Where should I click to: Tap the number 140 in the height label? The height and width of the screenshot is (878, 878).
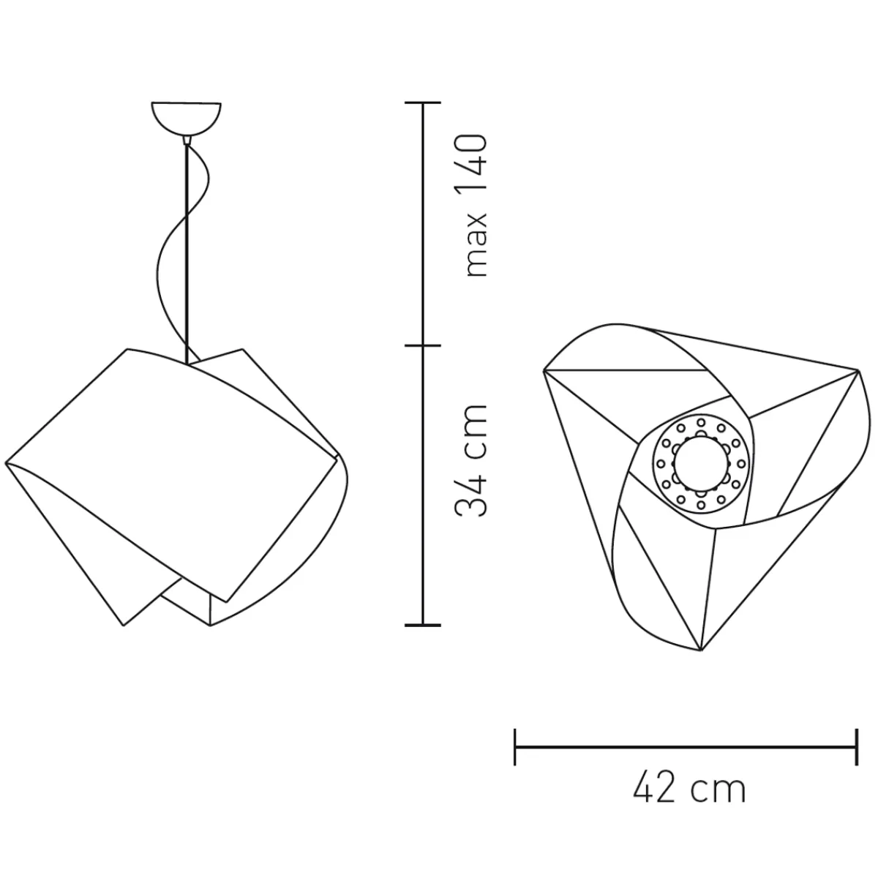coord(475,165)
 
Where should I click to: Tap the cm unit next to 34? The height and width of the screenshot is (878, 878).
coord(476,431)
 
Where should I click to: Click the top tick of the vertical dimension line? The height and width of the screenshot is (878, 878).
coord(423,103)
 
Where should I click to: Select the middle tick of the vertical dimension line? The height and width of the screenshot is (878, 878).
coord(423,345)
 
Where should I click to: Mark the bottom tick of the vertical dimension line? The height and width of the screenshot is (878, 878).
coord(423,625)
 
